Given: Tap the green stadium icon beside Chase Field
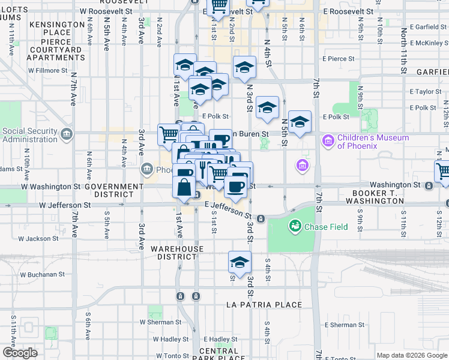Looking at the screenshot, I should tap(295, 226).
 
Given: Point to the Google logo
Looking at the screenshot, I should tap(20, 353).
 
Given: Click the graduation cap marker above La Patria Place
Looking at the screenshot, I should tap(240, 262).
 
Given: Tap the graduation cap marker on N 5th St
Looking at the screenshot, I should tap(300, 122).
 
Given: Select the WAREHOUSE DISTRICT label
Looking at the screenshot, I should tap(177, 253).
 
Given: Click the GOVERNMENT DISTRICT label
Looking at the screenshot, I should tap(114, 190).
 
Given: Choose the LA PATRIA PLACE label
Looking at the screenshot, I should tap(264, 305).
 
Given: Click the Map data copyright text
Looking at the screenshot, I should tap(411, 355).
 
